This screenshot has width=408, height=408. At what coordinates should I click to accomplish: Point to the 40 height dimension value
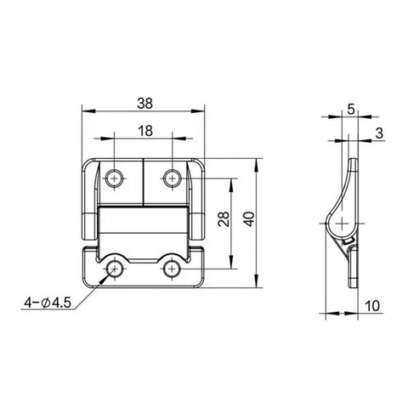(x=249, y=219)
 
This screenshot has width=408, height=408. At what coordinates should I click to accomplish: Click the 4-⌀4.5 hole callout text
(x=48, y=300)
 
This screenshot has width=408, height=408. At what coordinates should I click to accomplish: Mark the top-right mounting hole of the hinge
(x=172, y=177)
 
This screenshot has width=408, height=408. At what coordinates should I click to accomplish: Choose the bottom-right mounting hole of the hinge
(x=172, y=269)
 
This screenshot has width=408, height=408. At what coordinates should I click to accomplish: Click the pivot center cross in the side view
(x=342, y=224)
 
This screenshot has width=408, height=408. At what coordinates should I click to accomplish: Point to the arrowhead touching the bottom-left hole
(x=108, y=274)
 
